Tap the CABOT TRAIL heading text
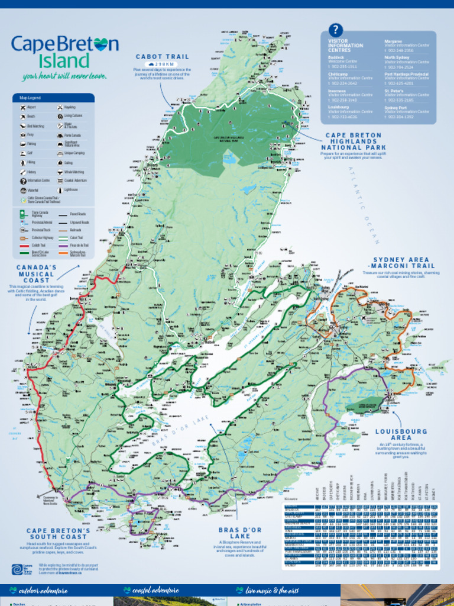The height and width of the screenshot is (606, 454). [163, 57]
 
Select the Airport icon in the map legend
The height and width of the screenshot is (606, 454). [22, 108]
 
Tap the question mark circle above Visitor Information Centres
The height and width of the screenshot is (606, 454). [335, 30]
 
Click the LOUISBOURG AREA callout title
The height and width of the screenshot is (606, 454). [401, 434]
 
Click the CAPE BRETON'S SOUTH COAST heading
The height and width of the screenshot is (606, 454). [58, 534]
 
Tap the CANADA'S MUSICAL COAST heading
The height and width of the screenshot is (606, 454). [37, 274]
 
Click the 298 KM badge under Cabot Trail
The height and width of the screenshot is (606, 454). [162, 64]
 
